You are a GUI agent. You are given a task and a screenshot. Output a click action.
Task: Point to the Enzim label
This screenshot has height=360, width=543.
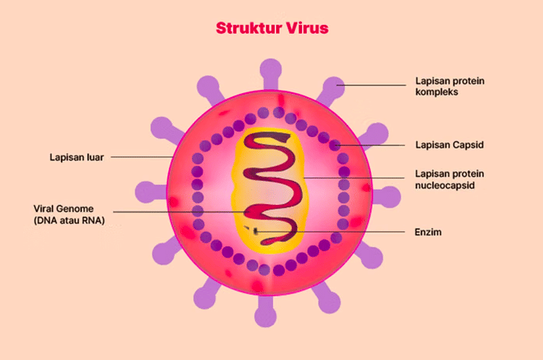point(428,232)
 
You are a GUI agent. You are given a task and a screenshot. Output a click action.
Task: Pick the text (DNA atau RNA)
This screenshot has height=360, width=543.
point(69,221)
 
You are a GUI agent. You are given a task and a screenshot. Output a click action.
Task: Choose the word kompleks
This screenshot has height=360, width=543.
point(437,92)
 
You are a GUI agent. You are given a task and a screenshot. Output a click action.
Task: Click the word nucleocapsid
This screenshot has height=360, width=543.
point(445,185)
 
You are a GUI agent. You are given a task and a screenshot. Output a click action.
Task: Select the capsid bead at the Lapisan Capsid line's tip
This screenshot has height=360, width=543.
point(335,145)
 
